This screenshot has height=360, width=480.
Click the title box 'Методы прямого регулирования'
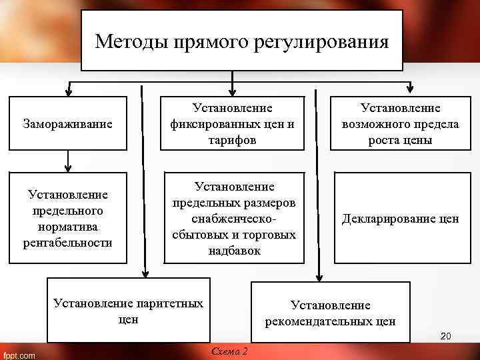[241, 41]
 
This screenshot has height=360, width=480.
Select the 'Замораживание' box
[67, 123]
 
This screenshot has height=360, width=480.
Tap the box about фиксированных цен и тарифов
[232, 123]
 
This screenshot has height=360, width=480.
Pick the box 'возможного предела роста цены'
[401, 123]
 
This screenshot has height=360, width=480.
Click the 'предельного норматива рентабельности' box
[67, 218]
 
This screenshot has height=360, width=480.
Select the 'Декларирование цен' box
[401, 218]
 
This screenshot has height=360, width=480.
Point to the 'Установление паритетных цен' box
[128, 311]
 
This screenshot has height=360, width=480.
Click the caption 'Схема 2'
[229, 351]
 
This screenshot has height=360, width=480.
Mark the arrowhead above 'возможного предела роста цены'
[409, 91]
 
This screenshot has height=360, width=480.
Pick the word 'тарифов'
[232, 140]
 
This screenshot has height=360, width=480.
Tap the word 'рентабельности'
[67, 241]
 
